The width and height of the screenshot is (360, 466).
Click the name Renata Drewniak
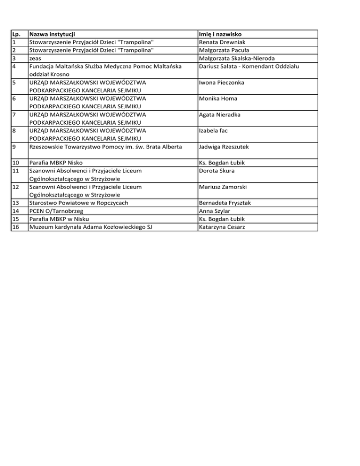222,42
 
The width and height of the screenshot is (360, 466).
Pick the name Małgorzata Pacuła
224,50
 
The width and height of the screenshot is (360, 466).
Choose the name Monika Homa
218,99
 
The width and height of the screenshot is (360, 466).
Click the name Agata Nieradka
220,115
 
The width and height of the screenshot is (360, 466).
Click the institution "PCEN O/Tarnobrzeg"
56,211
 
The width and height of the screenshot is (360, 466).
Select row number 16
15,227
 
